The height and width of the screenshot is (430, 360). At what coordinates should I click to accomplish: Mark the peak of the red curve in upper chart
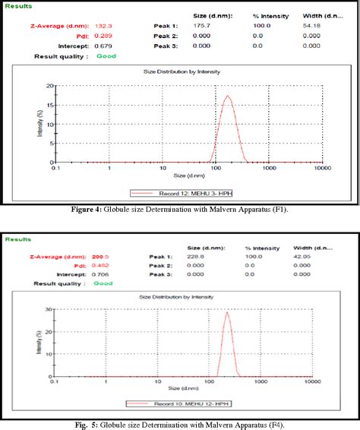click(226, 96)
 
